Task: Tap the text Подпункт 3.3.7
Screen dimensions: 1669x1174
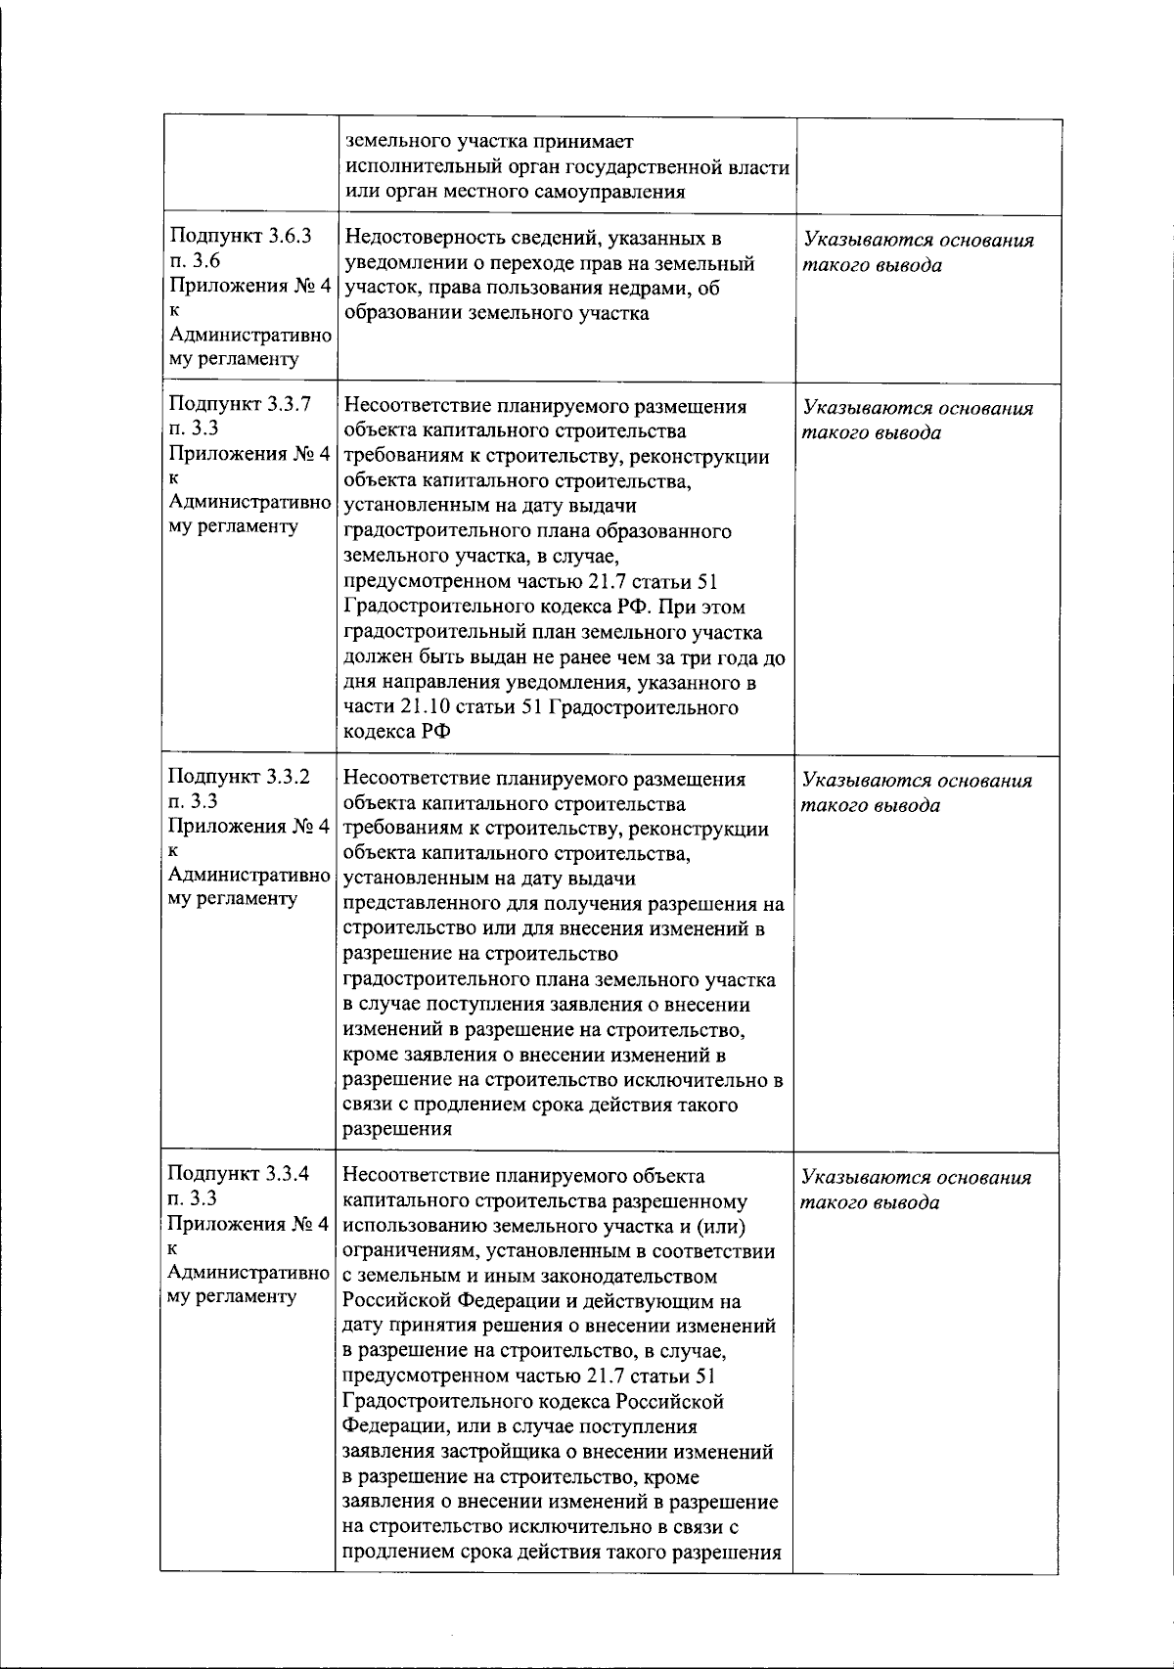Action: [240, 404]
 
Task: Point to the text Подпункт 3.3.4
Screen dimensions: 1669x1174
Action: [240, 1173]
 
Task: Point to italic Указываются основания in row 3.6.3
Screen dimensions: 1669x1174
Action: [918, 241]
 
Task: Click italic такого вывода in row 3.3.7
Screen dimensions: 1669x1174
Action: [858, 432]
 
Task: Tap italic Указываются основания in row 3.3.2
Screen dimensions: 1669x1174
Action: [918, 781]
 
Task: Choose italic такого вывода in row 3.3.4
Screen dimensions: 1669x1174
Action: [858, 1202]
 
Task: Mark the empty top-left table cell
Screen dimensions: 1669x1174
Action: [248, 166]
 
